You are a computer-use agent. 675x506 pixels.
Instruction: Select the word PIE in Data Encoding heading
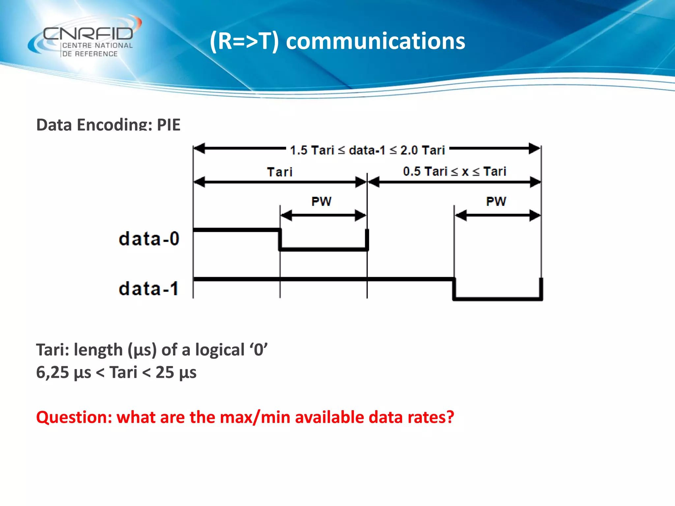tap(168, 125)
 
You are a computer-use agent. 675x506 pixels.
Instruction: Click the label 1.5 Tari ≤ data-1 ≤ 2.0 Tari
tap(367, 150)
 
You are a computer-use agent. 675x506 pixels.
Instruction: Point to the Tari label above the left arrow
tap(279, 172)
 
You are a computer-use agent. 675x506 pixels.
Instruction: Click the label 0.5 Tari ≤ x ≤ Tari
tap(454, 171)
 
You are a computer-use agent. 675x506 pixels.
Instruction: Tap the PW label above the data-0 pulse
tap(321, 201)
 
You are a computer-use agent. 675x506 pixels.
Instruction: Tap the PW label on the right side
tap(496, 201)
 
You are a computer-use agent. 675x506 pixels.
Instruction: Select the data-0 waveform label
tap(149, 239)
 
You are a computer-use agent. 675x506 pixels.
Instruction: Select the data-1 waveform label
tap(149, 288)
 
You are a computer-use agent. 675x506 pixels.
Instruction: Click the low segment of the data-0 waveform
tap(323, 249)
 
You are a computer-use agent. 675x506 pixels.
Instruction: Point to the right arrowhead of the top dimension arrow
tap(534, 149)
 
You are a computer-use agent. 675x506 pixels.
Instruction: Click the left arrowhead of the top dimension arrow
tap(200, 149)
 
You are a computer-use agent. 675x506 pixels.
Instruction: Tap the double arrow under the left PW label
tap(323, 216)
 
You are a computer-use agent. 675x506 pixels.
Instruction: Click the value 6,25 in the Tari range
tap(52, 373)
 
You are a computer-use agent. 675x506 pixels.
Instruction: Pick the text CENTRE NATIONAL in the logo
tap(97, 45)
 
